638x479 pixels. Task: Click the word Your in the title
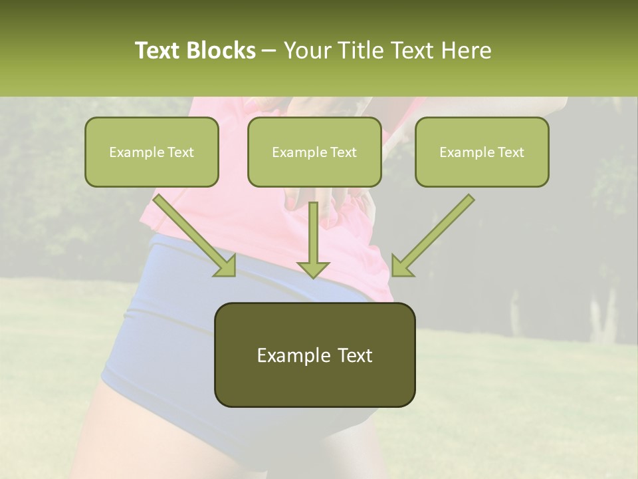pos(306,51)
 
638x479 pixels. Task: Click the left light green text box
pos(152,152)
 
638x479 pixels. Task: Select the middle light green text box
pos(314,152)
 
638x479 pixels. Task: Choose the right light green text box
pos(482,152)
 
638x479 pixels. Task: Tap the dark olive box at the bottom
pos(314,355)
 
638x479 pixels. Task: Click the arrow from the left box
pos(193,233)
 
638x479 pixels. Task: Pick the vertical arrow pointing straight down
pos(313,239)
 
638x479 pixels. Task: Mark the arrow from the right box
pos(435,233)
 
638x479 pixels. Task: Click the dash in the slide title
pos(269,51)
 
